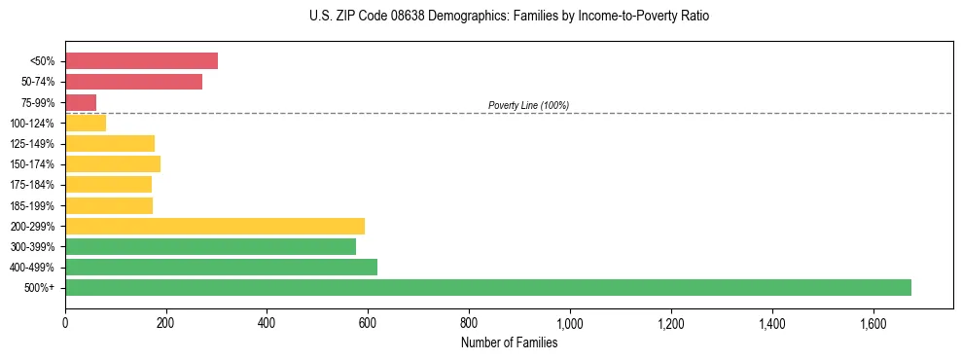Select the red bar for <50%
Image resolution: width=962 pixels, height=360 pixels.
click(x=141, y=61)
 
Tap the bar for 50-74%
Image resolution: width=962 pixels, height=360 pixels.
click(x=133, y=82)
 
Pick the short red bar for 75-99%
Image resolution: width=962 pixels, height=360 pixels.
click(x=81, y=102)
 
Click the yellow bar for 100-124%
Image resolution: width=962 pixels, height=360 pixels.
click(x=86, y=123)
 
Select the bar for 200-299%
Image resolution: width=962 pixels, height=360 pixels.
click(x=215, y=226)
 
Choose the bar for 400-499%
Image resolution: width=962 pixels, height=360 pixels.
click(x=221, y=267)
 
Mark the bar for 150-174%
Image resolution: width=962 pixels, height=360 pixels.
click(x=113, y=163)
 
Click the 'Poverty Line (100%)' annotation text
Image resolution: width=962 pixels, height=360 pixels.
click(x=528, y=105)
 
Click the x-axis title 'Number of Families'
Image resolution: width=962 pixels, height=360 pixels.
click(x=510, y=342)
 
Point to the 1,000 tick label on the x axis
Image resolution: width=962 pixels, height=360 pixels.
click(x=570, y=322)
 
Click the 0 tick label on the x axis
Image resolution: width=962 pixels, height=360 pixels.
click(x=65, y=322)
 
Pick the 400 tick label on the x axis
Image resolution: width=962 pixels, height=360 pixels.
click(x=267, y=322)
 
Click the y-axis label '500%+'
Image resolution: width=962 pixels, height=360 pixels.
click(x=41, y=288)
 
